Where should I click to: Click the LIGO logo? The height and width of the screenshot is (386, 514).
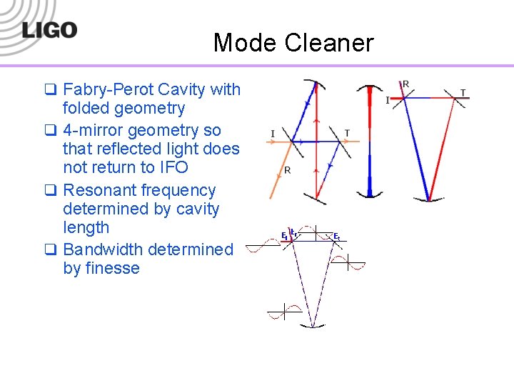pyautogui.click(x=49, y=29)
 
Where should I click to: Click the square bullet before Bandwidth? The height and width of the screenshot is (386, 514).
pyautogui.click(x=50, y=249)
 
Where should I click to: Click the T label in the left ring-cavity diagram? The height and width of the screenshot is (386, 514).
pyautogui.click(x=347, y=133)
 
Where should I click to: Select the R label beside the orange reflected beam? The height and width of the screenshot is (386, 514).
pyautogui.click(x=287, y=170)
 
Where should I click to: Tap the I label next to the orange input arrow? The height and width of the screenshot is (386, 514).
pyautogui.click(x=273, y=133)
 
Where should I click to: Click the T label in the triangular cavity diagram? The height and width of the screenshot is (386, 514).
pyautogui.click(x=463, y=93)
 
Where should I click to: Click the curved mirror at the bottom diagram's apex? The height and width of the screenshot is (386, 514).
pyautogui.click(x=312, y=327)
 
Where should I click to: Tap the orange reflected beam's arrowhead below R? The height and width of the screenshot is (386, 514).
pyautogui.click(x=271, y=197)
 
